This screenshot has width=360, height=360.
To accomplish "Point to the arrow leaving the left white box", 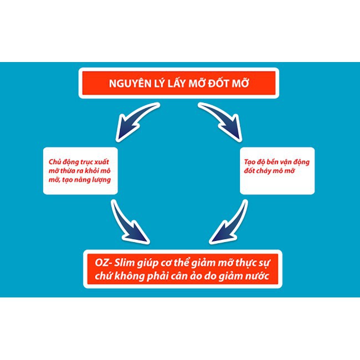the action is coord(129,220).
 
